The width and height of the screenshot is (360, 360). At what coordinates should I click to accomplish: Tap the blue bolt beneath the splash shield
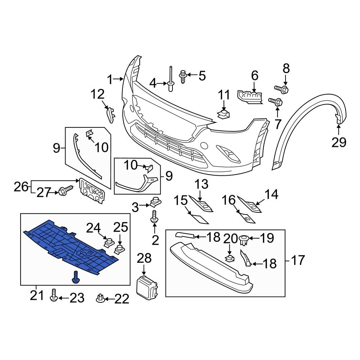coord(76,277)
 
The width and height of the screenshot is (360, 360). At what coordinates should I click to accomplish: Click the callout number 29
coord(339,143)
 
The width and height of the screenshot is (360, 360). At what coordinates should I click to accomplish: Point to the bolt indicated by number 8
coord(281,88)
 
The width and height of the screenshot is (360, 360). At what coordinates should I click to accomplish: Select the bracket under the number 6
coord(251,96)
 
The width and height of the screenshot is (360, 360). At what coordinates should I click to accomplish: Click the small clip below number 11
coord(224,114)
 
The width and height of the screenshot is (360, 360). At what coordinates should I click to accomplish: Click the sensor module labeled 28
coord(147,288)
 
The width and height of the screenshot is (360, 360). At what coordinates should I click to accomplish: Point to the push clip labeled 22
coord(100,298)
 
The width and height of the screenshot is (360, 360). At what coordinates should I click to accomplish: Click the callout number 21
coord(36,296)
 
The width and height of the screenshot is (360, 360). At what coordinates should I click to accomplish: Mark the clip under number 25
coord(118,249)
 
